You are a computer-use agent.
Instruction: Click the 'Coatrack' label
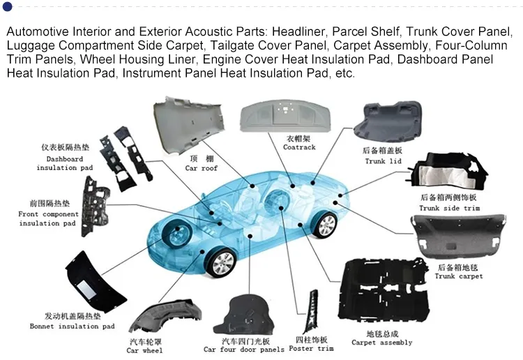tap(299, 147)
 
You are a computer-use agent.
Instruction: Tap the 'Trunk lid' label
tap(384, 161)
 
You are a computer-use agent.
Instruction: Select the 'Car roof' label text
tap(201, 168)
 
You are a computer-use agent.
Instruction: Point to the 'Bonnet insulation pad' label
tap(72, 326)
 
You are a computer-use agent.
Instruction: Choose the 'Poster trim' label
tap(310, 348)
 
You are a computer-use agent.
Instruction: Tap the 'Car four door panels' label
tap(244, 350)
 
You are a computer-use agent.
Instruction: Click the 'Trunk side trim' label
tap(449, 208)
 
